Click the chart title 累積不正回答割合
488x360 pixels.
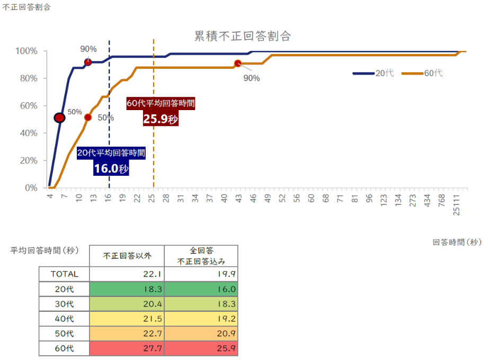tap(243, 37)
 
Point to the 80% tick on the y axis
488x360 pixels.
tap(26, 78)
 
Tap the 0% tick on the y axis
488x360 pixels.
tap(31, 188)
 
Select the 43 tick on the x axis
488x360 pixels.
tap(238, 199)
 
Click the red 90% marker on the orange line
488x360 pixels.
tap(238, 64)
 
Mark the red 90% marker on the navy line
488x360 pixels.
tap(88, 62)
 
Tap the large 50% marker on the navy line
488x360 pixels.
tap(59, 118)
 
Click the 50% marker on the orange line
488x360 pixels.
tap(88, 118)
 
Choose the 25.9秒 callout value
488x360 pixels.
tap(161, 119)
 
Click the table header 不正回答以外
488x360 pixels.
tap(127, 256)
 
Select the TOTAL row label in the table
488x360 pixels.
tap(64, 274)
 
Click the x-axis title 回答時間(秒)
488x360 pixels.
tap(456, 242)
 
